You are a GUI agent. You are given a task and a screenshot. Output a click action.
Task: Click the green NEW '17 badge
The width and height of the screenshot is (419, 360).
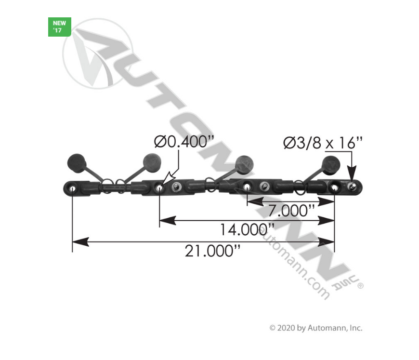[60, 27]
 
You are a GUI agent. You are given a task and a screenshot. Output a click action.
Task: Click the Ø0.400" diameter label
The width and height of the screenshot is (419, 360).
[184, 143]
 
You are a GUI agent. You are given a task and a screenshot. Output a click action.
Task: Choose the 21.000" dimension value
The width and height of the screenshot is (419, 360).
[212, 251]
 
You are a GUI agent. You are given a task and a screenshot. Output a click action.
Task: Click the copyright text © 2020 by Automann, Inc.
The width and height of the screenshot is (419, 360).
[315, 328]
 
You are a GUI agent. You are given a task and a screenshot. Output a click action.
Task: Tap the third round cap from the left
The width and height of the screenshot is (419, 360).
[245, 163]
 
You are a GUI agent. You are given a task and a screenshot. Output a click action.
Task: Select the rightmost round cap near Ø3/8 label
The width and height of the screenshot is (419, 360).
[331, 164]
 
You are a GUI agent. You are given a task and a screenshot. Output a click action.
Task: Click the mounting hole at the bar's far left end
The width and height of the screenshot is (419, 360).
[72, 187]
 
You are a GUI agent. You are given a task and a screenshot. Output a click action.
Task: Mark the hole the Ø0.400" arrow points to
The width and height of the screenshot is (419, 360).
[159, 187]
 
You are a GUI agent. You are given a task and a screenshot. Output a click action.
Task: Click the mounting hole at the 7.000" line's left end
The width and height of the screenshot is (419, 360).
[247, 187]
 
